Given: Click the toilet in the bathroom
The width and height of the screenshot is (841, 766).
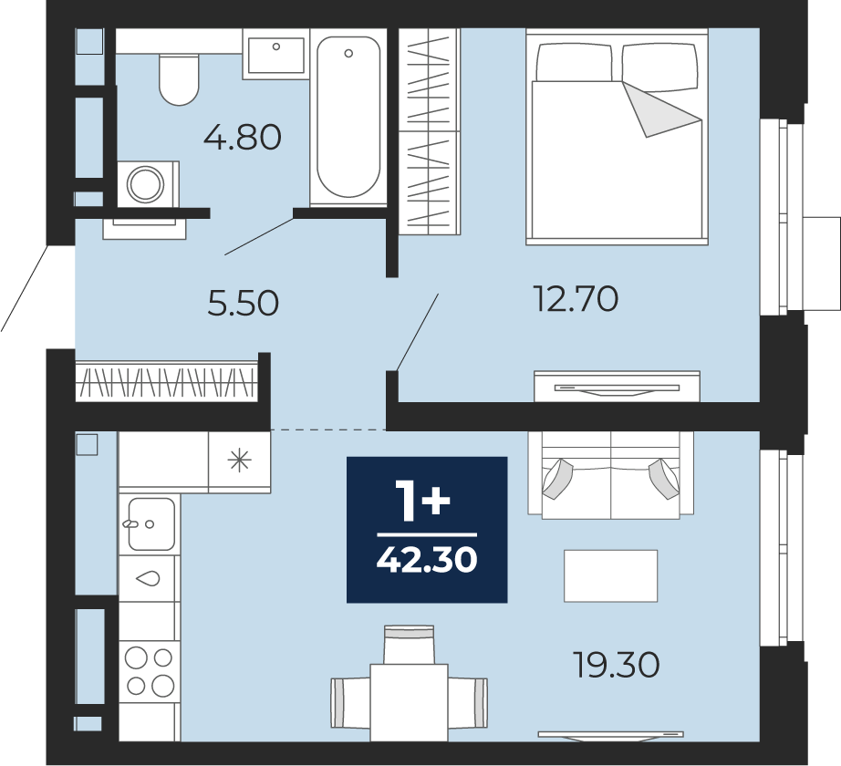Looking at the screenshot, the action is tap(179, 79).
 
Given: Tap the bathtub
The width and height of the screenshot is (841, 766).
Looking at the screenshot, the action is tap(348, 118).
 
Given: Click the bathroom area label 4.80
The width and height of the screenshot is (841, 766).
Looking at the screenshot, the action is tap(243, 137).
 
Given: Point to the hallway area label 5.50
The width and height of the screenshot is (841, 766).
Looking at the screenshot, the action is tap(243, 303).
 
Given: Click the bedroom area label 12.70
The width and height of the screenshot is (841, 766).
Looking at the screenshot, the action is tap(576, 298).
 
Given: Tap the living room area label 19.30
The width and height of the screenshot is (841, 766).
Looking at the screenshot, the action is tap(617, 665).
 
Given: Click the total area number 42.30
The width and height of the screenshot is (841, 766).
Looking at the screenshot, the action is tap(427, 560).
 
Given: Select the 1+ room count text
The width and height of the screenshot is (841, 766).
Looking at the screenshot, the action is tap(422, 500).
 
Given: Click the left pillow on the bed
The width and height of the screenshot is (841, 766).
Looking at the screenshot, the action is tap(575, 62).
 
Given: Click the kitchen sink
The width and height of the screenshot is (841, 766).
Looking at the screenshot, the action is tap(151, 523).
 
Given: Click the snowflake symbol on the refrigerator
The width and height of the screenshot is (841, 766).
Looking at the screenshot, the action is tap(239, 461).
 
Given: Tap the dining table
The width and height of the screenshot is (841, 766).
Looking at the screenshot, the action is tap(410, 703).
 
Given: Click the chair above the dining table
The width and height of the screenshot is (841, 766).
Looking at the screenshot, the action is tap(409, 645).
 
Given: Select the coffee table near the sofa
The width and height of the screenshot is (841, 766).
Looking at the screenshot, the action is tap(610, 575).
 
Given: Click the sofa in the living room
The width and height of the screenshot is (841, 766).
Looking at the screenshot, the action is tap(611, 475).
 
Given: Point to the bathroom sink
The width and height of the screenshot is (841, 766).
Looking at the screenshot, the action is tap(275, 55).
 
